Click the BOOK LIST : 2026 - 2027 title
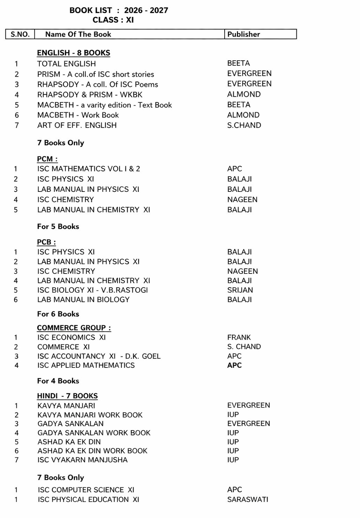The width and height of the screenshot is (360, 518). pyautogui.click(x=119, y=10)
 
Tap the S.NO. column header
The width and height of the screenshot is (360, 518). pyautogui.click(x=20, y=34)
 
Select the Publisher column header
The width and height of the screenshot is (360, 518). pyautogui.click(x=244, y=34)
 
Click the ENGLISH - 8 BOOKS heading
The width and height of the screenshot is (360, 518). pyautogui.click(x=73, y=53)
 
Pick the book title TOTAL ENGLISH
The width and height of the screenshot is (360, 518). pyautogui.click(x=66, y=64)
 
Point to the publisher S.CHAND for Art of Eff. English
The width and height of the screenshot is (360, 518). pyautogui.click(x=244, y=125)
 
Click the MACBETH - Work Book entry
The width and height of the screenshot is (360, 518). pyautogui.click(x=78, y=115)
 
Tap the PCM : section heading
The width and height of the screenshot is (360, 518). pyautogui.click(x=47, y=159)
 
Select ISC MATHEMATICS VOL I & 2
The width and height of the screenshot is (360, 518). pyautogui.click(x=89, y=169)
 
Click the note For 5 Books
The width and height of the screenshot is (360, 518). pyautogui.click(x=58, y=227)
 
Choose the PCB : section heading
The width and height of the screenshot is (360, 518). pyautogui.click(x=46, y=242)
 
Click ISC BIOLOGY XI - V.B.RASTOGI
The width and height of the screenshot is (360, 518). pyautogui.click(x=92, y=290)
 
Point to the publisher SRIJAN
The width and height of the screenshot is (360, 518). pyautogui.click(x=240, y=290)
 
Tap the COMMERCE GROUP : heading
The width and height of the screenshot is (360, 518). pyautogui.click(x=74, y=328)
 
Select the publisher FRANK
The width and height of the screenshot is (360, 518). pyautogui.click(x=239, y=338)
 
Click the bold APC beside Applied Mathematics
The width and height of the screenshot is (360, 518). pyautogui.click(x=234, y=365)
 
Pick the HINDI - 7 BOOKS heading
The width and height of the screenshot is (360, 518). pyautogui.click(x=67, y=396)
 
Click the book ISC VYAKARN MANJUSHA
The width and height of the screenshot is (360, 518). pyautogui.click(x=82, y=460)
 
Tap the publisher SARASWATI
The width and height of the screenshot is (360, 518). pyautogui.click(x=247, y=499)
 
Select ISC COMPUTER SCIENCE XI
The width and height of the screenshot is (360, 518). pyautogui.click(x=86, y=490)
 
